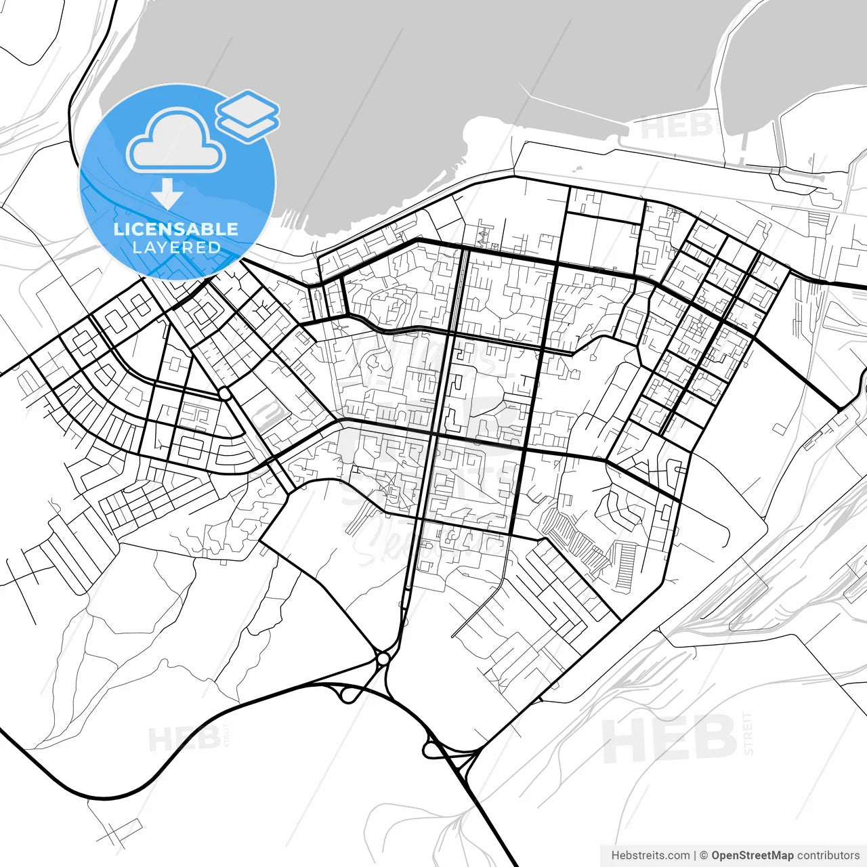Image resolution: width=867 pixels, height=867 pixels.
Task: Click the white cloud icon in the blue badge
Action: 176,143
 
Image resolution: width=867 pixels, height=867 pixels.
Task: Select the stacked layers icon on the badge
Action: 247,116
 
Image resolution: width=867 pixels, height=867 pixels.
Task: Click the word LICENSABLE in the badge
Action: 176,229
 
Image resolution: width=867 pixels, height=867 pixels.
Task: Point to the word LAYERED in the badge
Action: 176,248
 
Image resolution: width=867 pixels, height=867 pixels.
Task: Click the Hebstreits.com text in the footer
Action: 650,855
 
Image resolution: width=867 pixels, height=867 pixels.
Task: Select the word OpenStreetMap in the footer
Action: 753,855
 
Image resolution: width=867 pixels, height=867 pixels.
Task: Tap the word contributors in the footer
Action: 828,855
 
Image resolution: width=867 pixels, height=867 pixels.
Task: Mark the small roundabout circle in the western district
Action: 224,393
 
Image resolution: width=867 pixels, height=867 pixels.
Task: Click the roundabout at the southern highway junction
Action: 383,658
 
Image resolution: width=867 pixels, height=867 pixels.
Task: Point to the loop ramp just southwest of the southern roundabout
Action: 347,695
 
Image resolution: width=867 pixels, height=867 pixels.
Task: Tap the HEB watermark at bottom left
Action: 183,739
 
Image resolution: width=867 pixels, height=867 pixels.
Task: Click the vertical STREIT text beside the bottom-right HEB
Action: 747,733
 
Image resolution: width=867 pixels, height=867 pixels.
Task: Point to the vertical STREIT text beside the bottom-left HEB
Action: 226,735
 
